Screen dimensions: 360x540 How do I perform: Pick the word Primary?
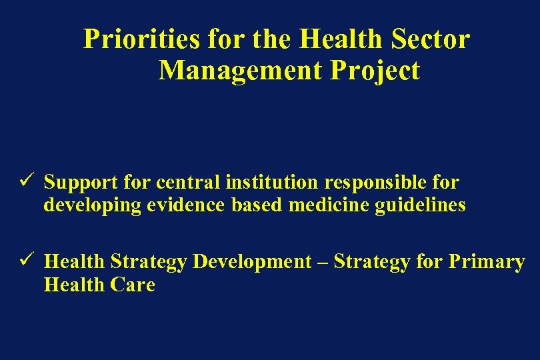[x=486, y=262]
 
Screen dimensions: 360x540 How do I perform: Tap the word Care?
[x=136, y=285]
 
